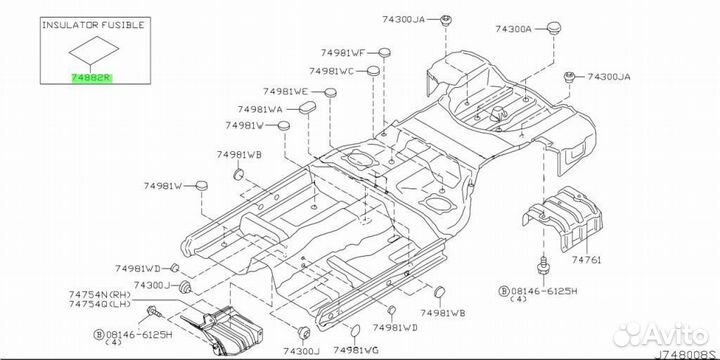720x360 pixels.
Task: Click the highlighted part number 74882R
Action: pyautogui.click(x=91, y=78)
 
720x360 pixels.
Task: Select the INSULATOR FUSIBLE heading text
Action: pyautogui.click(x=93, y=25)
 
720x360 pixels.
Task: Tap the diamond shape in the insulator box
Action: pyautogui.click(x=94, y=50)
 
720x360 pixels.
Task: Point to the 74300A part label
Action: pyautogui.click(x=513, y=28)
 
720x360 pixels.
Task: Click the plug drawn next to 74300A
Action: pyautogui.click(x=554, y=27)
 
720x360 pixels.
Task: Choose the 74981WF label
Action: pyautogui.click(x=343, y=53)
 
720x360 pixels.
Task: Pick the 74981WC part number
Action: pyautogui.click(x=331, y=71)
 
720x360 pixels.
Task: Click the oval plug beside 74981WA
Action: pyautogui.click(x=306, y=109)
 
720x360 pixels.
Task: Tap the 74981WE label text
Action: pyautogui.click(x=285, y=91)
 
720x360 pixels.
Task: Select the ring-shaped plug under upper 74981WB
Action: pyautogui.click(x=239, y=174)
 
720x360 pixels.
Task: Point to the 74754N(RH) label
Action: pyautogui.click(x=100, y=294)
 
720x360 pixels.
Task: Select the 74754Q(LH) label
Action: pyautogui.click(x=100, y=304)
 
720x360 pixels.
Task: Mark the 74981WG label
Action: pyautogui.click(x=356, y=350)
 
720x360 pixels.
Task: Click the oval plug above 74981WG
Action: pyautogui.click(x=356, y=330)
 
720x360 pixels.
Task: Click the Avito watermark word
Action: pyautogui.click(x=675, y=335)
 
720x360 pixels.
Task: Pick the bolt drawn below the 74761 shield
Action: pyautogui.click(x=543, y=266)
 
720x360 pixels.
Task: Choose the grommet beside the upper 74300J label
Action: pyautogui.click(x=186, y=286)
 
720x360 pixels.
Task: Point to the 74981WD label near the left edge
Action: pyautogui.click(x=138, y=268)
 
